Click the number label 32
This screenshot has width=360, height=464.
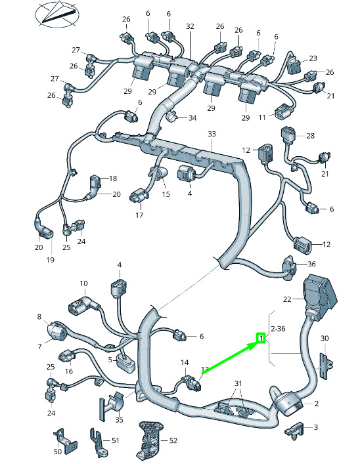tap(190, 26)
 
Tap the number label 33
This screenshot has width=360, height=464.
tap(212, 134)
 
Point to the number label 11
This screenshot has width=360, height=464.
tap(262, 117)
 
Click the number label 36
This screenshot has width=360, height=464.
tap(311, 264)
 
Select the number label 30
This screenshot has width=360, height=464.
tap(325, 338)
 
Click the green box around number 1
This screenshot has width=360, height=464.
tap(261, 337)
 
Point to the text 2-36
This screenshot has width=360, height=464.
tap(278, 328)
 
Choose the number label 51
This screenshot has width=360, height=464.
tap(115, 440)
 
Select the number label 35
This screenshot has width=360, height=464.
tap(119, 419)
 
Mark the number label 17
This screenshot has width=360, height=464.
tap(139, 215)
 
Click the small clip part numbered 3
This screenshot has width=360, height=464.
tap(294, 429)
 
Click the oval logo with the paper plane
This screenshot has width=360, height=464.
tap(57, 14)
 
